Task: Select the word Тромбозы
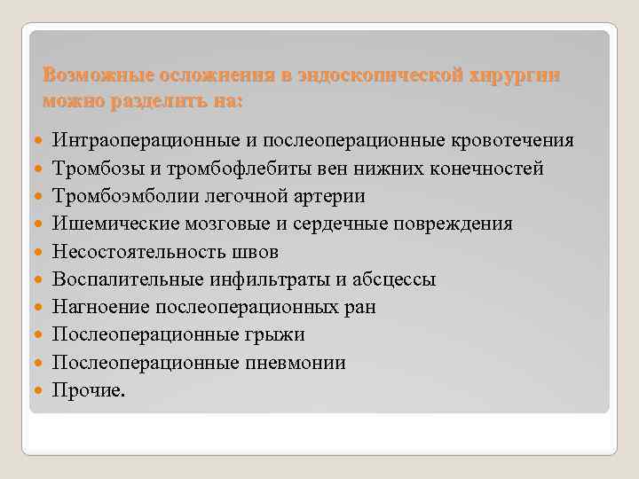tap(94, 169)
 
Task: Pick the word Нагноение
tap(100, 307)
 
